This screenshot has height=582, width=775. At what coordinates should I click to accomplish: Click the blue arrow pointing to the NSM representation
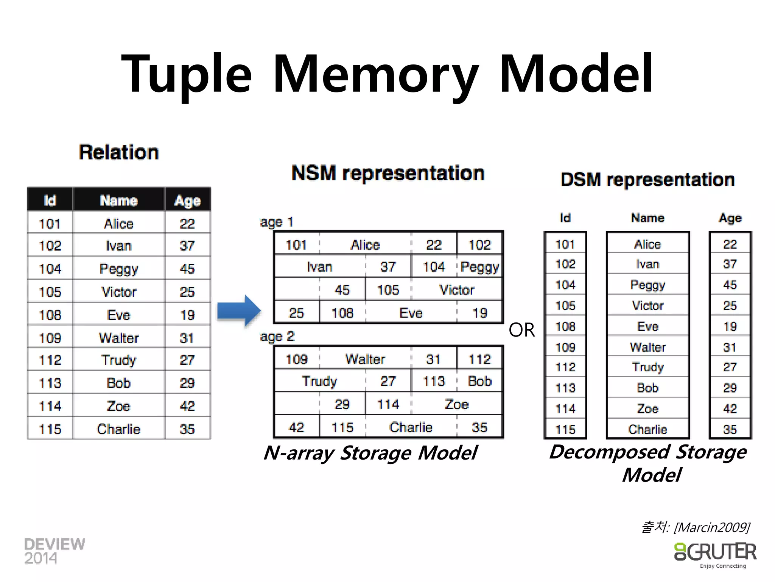coord(239,310)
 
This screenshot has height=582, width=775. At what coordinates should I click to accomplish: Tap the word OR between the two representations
coord(522,330)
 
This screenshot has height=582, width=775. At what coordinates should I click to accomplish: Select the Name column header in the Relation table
coord(118,200)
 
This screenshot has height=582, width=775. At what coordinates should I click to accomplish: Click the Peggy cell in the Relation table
coord(118,269)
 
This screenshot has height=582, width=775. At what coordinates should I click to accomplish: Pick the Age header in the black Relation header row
coord(187,200)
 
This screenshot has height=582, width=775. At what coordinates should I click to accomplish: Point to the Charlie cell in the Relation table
coord(118,429)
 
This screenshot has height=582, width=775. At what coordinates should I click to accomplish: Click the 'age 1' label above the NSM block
coord(277,222)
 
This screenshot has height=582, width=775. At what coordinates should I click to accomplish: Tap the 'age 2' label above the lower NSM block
coord(277,336)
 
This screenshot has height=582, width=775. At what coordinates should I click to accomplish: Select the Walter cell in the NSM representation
coord(365,359)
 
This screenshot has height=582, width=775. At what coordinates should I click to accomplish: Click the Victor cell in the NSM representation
coord(457,290)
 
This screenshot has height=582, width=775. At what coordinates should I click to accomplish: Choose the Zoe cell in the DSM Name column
coord(647,408)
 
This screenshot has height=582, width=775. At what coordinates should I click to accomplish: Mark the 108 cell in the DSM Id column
coord(565,326)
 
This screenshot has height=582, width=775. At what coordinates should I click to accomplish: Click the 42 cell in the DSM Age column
coord(730,408)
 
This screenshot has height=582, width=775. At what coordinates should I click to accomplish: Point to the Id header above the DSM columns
coord(565,218)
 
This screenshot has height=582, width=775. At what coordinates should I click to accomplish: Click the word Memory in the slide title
coord(375,74)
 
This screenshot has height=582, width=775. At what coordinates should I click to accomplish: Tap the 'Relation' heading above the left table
coord(119,152)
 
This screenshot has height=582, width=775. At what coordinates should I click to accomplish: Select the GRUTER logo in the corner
coord(715,554)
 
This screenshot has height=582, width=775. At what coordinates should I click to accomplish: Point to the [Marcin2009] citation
coord(711,527)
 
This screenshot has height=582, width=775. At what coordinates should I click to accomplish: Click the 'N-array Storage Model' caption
coord(370,453)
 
